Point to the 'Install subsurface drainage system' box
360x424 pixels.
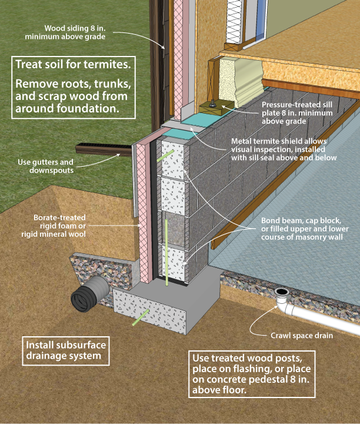66,350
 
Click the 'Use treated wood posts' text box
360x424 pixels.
252,375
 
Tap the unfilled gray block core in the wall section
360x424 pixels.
175,227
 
